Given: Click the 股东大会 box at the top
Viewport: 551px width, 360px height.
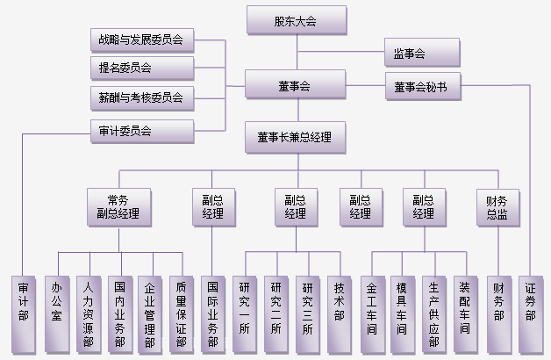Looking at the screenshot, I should [297, 21].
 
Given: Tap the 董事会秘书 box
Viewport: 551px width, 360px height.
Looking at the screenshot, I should [422, 87].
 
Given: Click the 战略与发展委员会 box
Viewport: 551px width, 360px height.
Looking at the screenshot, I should [142, 40].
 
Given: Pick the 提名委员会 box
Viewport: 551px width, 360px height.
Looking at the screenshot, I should [142, 67].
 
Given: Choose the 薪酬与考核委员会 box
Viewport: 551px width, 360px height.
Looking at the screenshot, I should [142, 97].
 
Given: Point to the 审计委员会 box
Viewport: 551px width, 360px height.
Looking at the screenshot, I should [142, 132].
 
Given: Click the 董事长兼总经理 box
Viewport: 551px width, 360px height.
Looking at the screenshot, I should [297, 137].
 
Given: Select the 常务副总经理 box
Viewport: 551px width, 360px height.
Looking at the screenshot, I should [117, 207].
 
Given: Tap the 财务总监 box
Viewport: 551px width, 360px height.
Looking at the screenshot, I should [497, 207].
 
